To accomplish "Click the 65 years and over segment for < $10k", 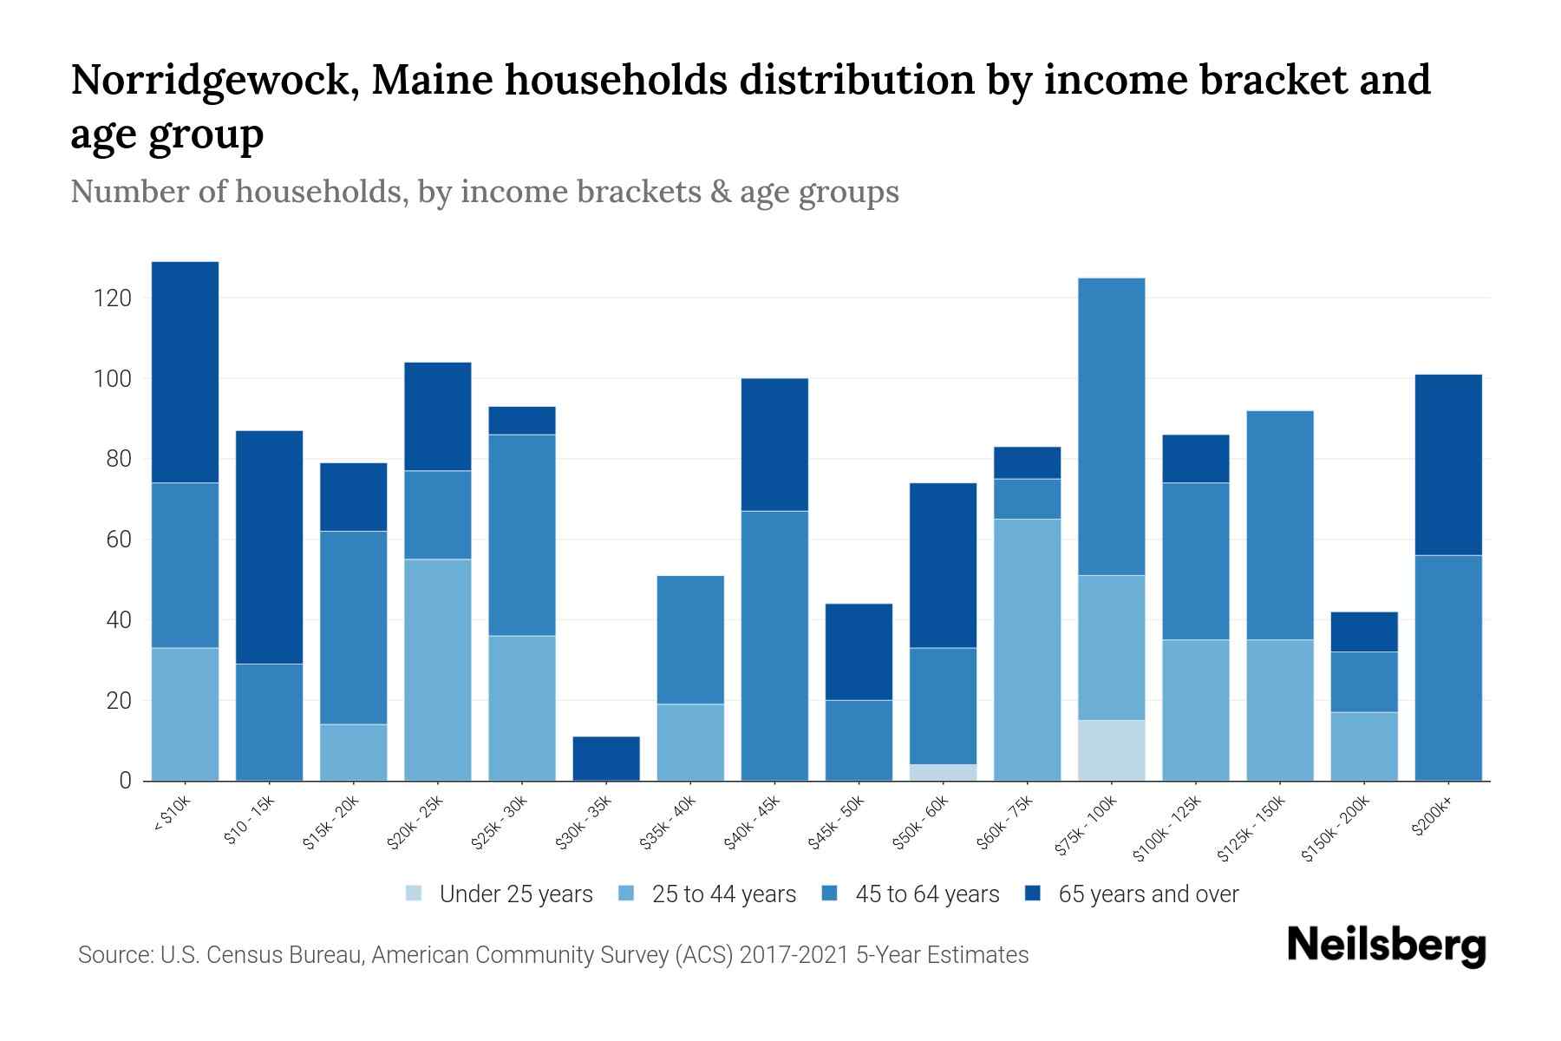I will click(185, 372).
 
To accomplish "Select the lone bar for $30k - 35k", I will click(606, 758).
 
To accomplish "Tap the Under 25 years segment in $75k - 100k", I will click(1111, 750).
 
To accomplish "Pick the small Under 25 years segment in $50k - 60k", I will click(943, 772).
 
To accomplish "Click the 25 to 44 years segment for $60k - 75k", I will click(1027, 650).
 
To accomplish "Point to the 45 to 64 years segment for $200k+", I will click(1448, 668).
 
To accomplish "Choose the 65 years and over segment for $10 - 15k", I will click(269, 547).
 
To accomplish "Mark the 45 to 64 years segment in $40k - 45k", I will click(774, 645).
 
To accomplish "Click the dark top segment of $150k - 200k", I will click(1364, 632).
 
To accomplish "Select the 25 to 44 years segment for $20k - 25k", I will click(437, 670).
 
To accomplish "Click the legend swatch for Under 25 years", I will click(415, 894).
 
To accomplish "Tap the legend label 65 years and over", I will click(1148, 894).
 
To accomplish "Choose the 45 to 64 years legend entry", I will click(926, 894).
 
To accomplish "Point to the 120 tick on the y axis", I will click(113, 299).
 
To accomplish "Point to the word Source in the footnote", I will click(113, 955).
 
